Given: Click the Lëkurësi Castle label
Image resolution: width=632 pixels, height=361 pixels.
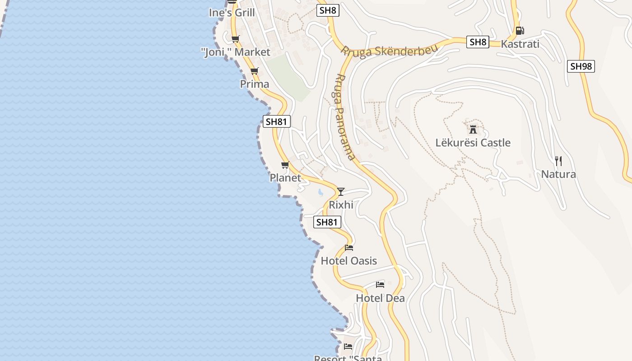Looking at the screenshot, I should (473, 143).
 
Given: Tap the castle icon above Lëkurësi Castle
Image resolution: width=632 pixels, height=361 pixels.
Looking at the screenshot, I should (473, 130).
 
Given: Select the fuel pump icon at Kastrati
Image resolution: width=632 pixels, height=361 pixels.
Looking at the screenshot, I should (520, 31).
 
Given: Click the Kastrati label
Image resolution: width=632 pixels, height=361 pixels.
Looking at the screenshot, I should (520, 44).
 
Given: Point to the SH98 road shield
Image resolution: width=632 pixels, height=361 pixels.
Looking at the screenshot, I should (581, 66).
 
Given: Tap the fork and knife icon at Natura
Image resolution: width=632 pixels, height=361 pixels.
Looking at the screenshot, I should (558, 161).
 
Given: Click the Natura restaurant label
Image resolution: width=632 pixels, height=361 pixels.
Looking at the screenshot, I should (558, 175).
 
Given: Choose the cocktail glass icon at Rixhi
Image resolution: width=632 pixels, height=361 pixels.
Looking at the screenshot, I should (341, 192).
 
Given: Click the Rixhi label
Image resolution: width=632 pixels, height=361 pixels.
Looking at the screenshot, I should (341, 205).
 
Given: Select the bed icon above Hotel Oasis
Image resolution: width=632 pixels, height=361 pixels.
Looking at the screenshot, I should (349, 247).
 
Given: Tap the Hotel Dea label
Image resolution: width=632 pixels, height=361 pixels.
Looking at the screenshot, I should (380, 298).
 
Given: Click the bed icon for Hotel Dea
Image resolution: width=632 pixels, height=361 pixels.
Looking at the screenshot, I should (380, 285).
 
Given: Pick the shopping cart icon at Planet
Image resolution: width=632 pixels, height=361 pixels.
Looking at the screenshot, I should (285, 165).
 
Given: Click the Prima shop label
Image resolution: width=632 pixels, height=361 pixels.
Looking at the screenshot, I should (255, 84).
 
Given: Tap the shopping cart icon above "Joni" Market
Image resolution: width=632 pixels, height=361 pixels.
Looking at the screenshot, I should (235, 39).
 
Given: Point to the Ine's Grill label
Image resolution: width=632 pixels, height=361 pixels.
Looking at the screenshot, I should (232, 13).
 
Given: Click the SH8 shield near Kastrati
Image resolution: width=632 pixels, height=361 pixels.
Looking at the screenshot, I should (478, 42).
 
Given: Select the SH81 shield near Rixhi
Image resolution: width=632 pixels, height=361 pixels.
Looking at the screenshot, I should (327, 222).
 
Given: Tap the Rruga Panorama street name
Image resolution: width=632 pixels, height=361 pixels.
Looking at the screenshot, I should (345, 117).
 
